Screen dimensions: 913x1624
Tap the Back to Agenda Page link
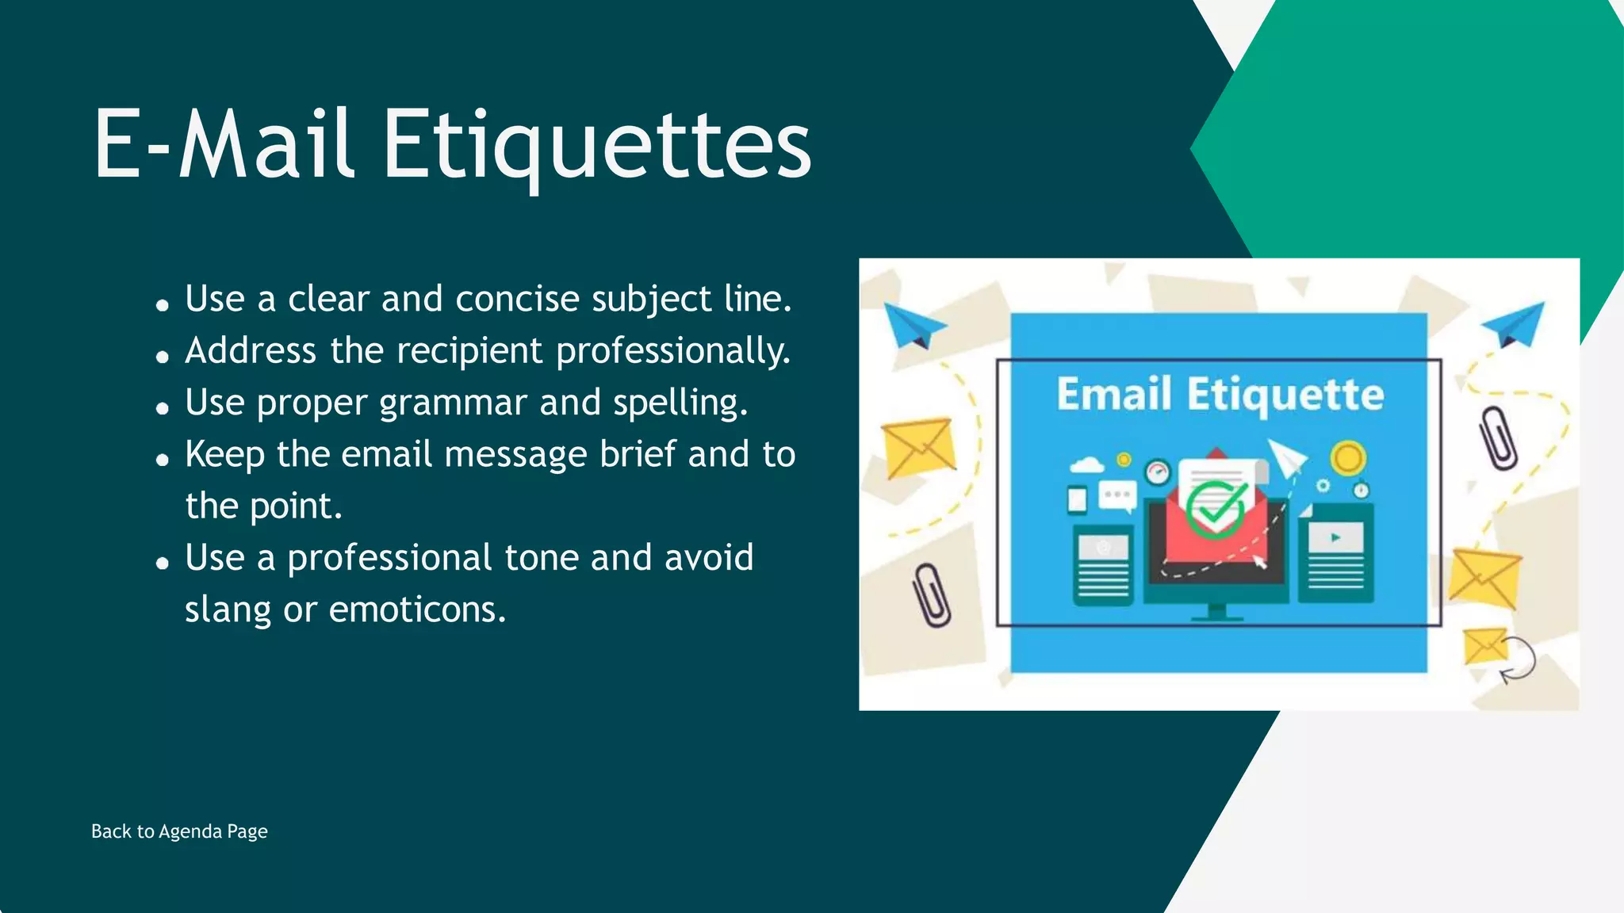click(179, 831)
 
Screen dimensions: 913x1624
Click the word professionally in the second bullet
click(673, 351)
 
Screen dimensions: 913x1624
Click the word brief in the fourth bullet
click(638, 454)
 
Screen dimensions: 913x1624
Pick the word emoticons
click(417, 610)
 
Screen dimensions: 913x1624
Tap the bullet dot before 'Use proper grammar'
click(163, 409)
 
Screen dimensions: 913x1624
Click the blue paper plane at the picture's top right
click(1515, 323)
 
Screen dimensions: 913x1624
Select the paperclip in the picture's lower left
click(931, 595)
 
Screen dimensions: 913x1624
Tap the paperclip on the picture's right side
click(1498, 437)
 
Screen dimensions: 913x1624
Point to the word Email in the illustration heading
click(1113, 395)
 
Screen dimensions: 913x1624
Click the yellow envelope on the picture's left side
click(918, 448)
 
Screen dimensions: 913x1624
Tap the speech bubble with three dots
click(1117, 496)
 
